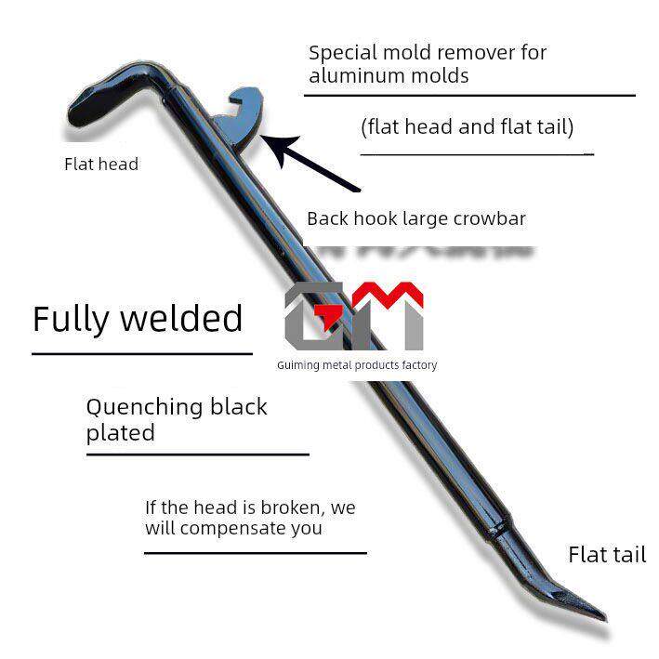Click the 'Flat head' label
100,165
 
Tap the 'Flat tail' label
606,555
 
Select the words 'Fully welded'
138,319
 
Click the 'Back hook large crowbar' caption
415,219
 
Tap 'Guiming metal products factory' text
356,365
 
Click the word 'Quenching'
143,407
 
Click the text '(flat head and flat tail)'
467,126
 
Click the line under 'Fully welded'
141,353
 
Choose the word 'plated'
120,433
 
